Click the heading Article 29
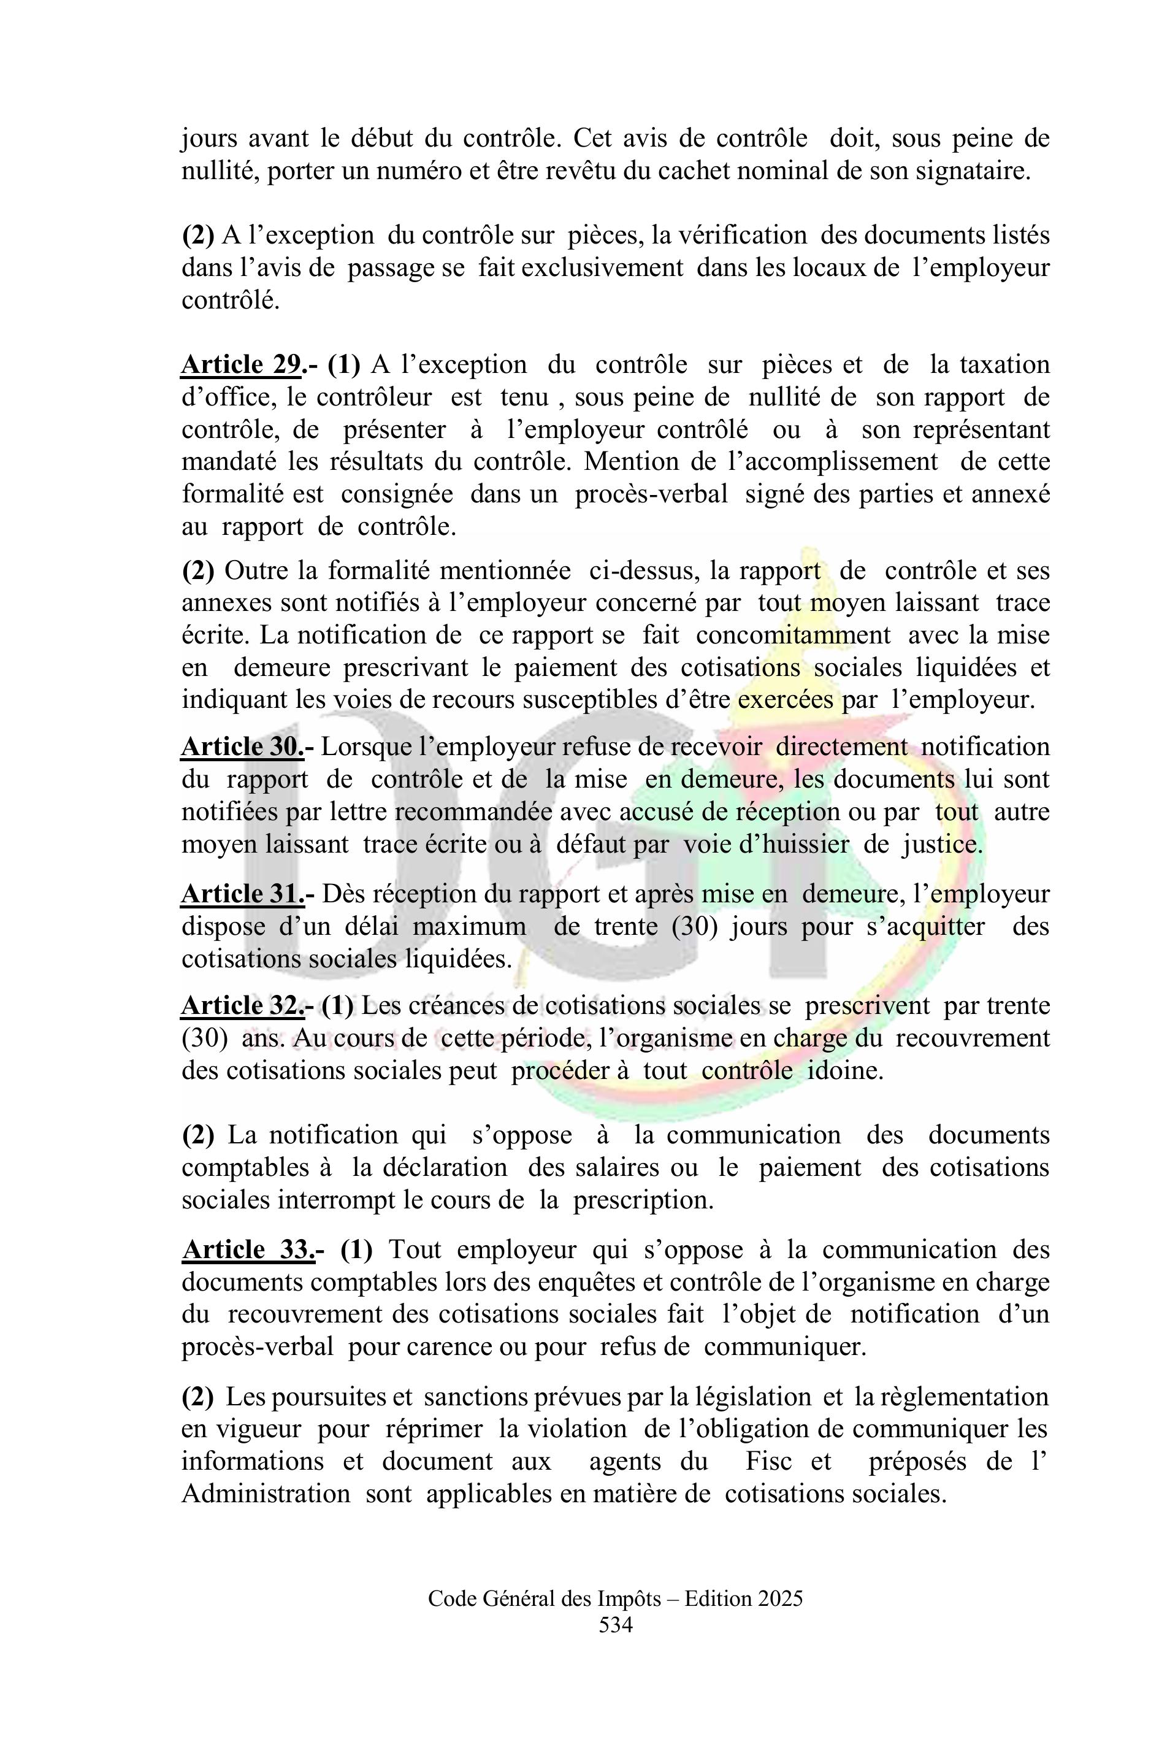(242, 364)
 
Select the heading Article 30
(242, 747)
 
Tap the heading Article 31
(242, 894)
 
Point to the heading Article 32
(242, 1005)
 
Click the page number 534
(615, 1624)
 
